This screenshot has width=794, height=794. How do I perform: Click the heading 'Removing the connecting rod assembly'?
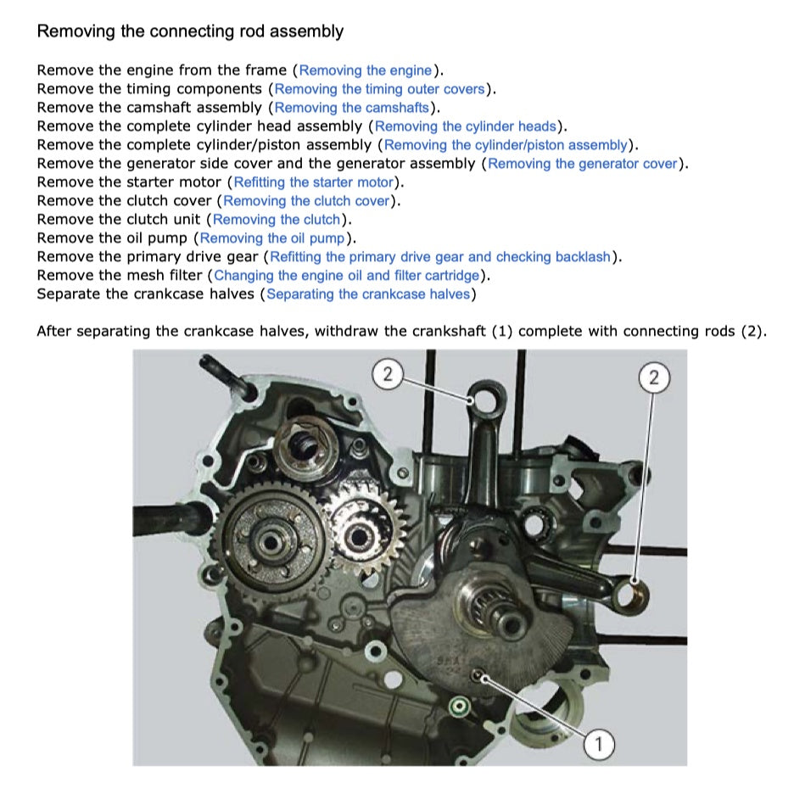pyautogui.click(x=190, y=32)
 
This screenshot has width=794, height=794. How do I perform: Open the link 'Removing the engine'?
pyautogui.click(x=366, y=70)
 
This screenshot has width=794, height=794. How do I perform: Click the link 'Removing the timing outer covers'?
pyautogui.click(x=380, y=89)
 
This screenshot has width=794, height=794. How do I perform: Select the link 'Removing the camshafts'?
pyautogui.click(x=352, y=108)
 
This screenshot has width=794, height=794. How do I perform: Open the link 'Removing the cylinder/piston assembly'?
pyautogui.click(x=506, y=145)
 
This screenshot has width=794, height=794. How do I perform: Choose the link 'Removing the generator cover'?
pyautogui.click(x=583, y=164)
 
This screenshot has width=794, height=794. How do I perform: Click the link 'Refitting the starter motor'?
pyautogui.click(x=314, y=182)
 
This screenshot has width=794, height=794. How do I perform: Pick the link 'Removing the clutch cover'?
pyautogui.click(x=306, y=201)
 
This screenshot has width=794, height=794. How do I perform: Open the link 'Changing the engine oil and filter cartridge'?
pyautogui.click(x=347, y=276)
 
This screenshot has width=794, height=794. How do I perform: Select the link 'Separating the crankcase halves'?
pyautogui.click(x=368, y=294)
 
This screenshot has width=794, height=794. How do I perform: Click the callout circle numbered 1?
pyautogui.click(x=599, y=745)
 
